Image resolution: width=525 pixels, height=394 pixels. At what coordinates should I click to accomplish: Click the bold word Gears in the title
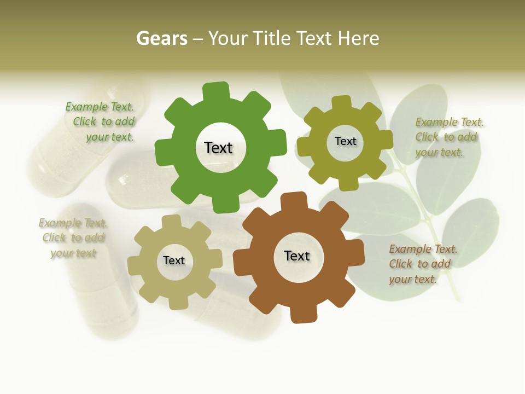(x=162, y=39)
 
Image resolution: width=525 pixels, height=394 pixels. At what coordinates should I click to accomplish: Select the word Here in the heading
(x=358, y=39)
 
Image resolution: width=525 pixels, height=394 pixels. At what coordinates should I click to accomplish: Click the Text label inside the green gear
(x=218, y=148)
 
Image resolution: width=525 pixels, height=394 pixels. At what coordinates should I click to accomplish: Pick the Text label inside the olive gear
(x=345, y=141)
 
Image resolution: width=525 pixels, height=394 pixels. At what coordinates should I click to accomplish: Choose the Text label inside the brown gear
(x=297, y=256)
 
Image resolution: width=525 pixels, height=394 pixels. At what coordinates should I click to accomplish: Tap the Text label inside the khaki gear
(x=174, y=260)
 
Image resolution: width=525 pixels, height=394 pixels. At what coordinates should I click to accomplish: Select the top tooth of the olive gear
(x=342, y=103)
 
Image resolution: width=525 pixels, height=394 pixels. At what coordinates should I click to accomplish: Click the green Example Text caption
(x=100, y=122)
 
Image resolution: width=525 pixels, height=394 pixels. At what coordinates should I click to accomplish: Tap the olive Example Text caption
(x=449, y=137)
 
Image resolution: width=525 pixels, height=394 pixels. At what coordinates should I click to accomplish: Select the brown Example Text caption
(x=423, y=264)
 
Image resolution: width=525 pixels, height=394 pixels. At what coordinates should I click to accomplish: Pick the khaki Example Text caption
(x=73, y=238)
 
